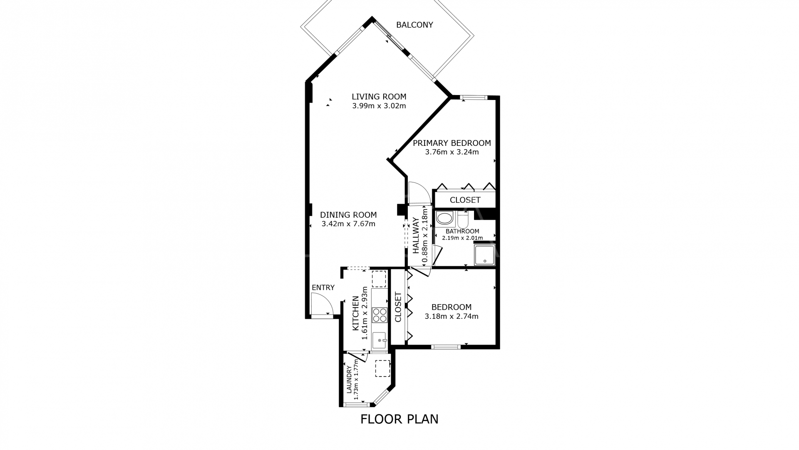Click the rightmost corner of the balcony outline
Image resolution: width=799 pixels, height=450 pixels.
(x=474, y=35)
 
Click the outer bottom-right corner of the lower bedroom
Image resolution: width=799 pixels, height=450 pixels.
(x=499, y=349)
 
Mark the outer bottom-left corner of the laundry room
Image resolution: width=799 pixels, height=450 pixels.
(x=339, y=407)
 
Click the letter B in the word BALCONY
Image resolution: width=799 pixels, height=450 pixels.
(x=399, y=25)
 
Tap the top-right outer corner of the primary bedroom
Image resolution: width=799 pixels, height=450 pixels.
(x=499, y=96)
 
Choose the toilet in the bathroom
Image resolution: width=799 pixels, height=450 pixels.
(x=463, y=218)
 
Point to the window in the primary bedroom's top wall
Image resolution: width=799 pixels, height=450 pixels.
(x=474, y=98)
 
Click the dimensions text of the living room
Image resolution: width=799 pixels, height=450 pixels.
(x=379, y=106)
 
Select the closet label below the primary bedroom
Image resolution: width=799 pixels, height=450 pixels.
(x=465, y=200)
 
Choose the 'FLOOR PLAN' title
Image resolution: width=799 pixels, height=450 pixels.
(x=399, y=419)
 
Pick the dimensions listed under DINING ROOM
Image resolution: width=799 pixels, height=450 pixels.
(x=349, y=224)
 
